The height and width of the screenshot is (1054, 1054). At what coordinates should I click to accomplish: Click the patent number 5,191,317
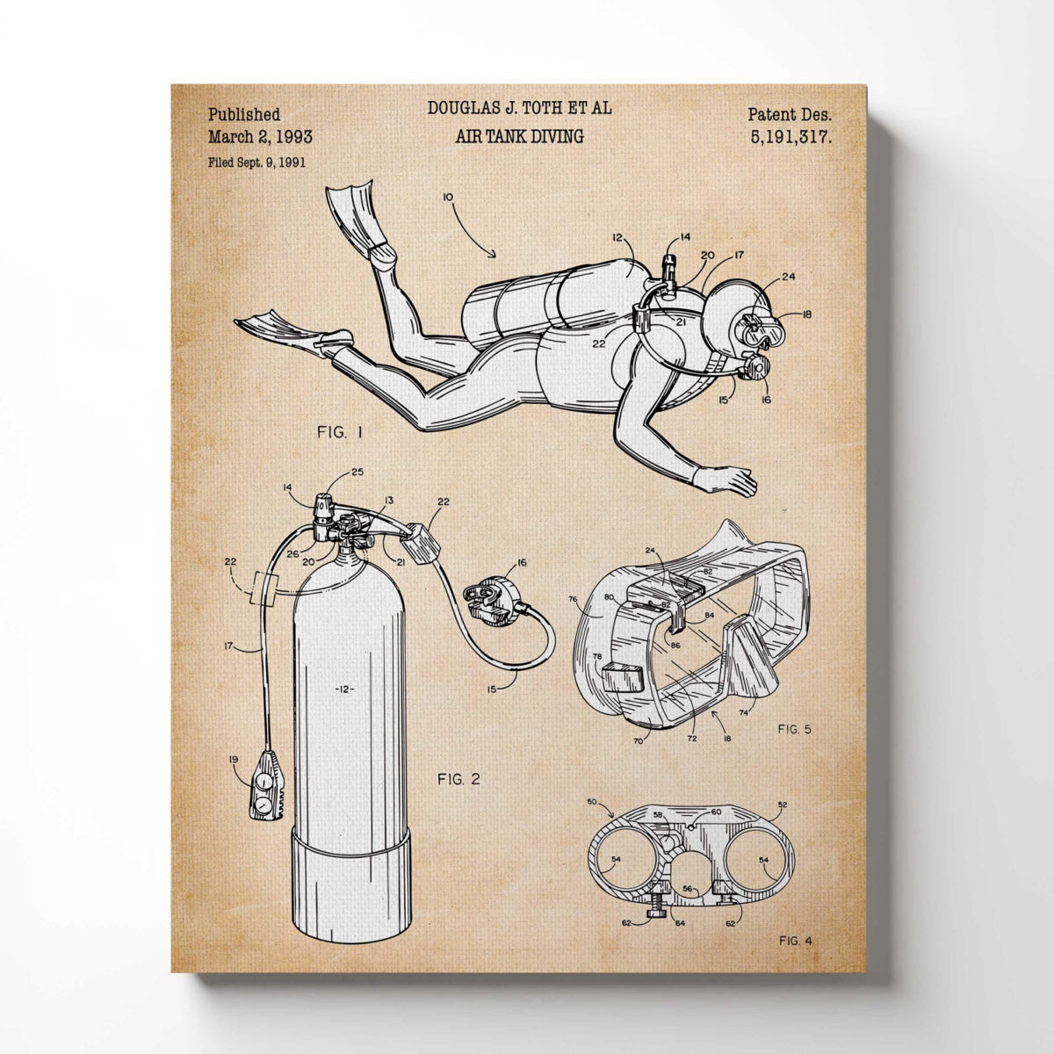point(790,137)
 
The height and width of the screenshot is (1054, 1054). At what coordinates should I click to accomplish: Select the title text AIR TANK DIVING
point(519,136)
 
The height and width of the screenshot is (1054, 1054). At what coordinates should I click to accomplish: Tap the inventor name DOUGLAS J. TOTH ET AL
point(519,108)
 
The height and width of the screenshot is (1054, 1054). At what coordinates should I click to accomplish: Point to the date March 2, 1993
point(260,137)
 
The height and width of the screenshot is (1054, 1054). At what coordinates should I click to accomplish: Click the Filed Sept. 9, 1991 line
point(256,162)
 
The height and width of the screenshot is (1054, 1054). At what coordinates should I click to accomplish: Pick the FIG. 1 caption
point(340,433)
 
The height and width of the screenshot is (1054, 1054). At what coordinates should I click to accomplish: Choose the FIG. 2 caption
point(458,779)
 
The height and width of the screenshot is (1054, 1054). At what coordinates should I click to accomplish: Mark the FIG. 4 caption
point(795,941)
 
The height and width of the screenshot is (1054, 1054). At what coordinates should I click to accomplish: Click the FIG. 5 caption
point(794,729)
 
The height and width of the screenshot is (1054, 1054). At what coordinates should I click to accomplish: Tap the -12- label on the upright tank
point(344,689)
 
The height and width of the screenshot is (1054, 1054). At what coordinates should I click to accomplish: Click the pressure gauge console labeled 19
point(267,785)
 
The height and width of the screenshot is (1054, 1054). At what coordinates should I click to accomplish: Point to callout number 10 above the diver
point(447,197)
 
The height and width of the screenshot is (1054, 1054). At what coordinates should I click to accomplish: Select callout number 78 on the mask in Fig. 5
point(596,656)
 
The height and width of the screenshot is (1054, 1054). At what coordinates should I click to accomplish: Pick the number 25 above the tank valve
point(357,472)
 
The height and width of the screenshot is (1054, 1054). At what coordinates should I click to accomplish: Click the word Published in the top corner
point(244,115)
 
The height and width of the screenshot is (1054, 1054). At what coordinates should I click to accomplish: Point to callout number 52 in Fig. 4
point(783,805)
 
